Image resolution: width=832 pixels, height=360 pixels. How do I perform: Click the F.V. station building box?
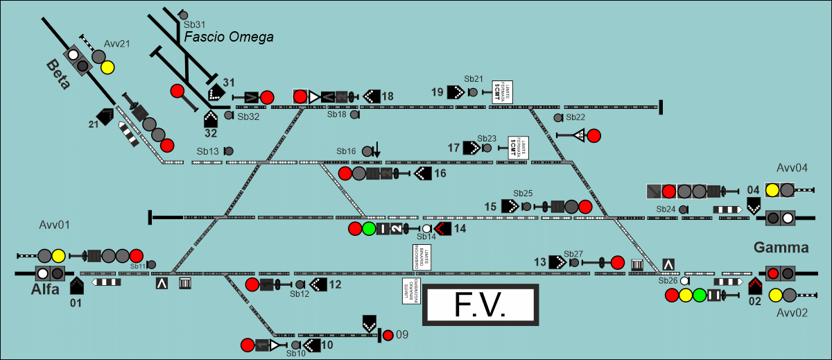click(x=480, y=305)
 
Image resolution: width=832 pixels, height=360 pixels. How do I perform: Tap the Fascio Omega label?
click(x=229, y=37)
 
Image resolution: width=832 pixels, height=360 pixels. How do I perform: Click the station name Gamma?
click(x=781, y=248)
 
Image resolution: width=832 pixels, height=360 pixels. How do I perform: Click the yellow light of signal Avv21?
click(x=107, y=67)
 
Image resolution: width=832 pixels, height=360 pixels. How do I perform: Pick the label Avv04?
click(x=792, y=169)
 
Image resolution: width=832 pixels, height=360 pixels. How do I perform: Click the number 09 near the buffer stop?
click(x=402, y=336)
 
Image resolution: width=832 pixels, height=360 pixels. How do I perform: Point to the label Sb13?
click(x=207, y=151)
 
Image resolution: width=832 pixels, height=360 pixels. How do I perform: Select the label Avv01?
click(x=55, y=225)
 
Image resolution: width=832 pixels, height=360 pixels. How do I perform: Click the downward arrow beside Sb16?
click(x=376, y=149)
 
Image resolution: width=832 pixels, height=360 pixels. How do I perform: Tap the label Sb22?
click(x=575, y=117)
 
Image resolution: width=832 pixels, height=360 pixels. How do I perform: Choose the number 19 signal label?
click(x=437, y=92)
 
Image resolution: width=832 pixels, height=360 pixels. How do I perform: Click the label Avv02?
click(x=792, y=313)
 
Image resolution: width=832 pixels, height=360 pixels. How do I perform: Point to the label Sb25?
click(x=523, y=193)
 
